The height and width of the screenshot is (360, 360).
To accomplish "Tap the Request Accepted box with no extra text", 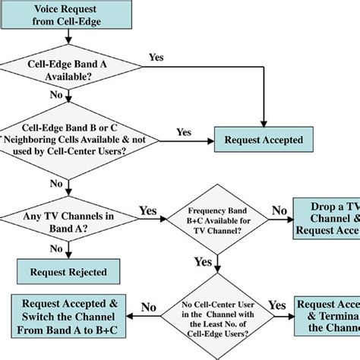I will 262,140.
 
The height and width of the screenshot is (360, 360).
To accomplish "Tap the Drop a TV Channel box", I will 326,219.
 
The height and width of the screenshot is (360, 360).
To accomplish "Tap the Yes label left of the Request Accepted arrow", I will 184,131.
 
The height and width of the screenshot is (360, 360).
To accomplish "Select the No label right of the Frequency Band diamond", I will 279,210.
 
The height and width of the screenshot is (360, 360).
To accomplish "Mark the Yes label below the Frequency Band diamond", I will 204,261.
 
